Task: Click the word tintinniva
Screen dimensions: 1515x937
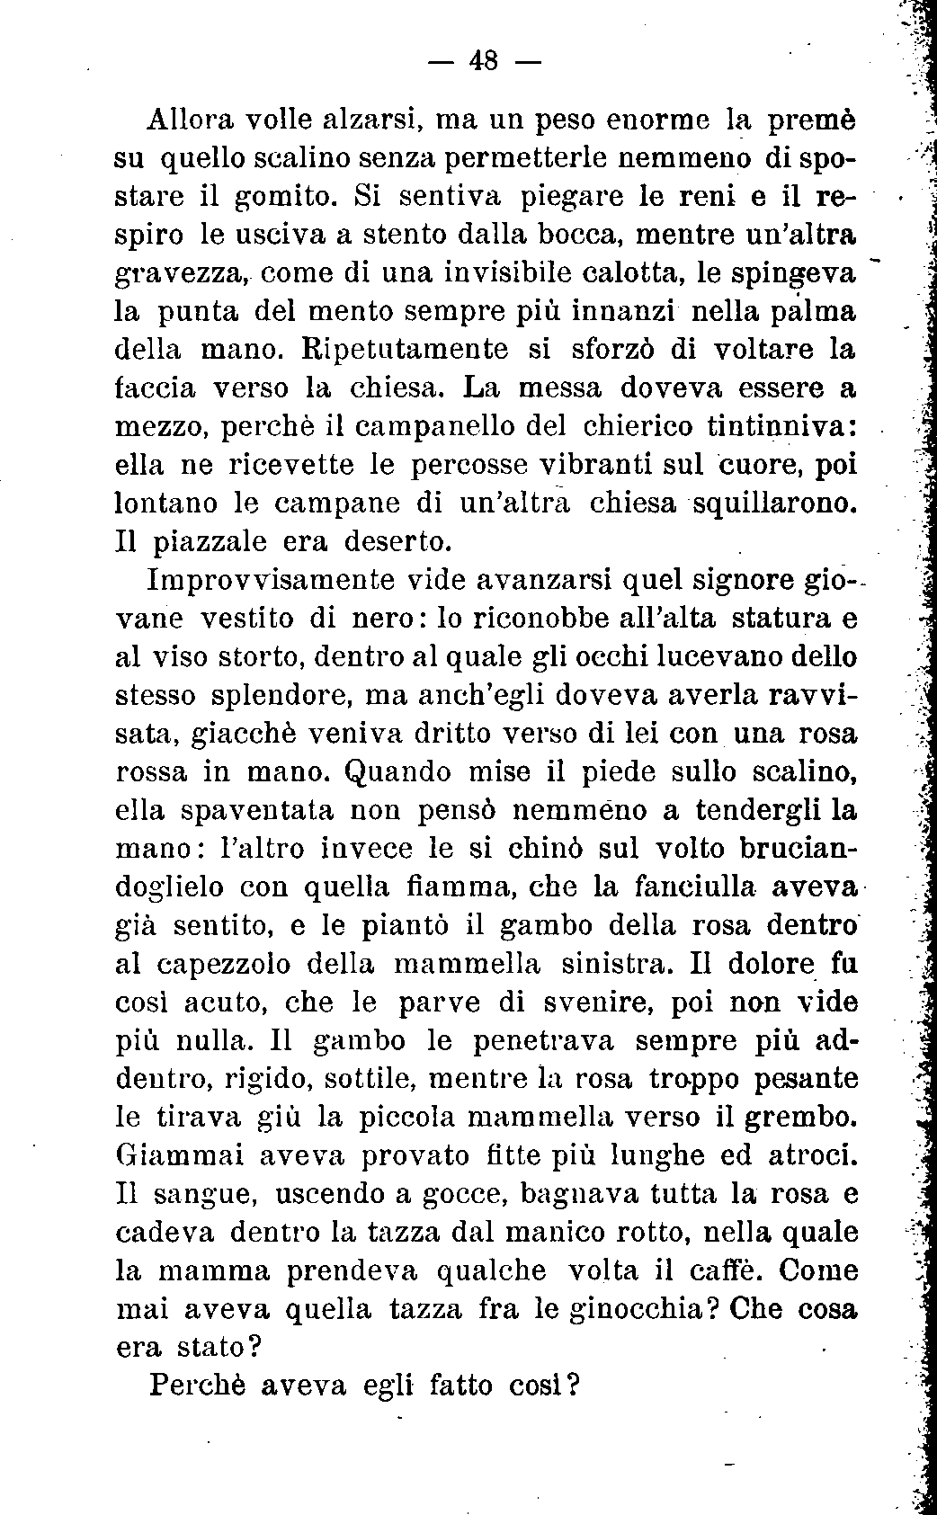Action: click(779, 426)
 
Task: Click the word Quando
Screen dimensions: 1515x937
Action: click(392, 772)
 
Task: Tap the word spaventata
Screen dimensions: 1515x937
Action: click(257, 811)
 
